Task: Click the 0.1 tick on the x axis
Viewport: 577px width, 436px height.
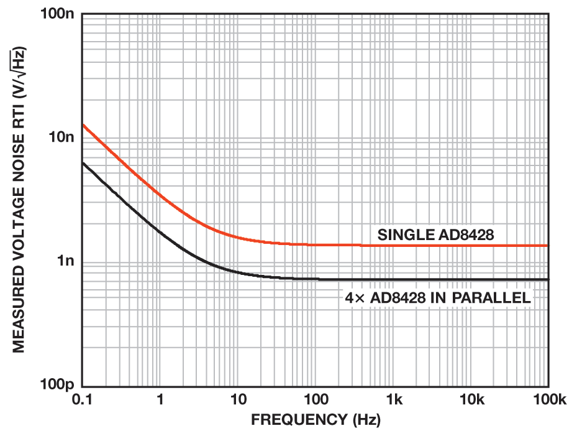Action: pyautogui.click(x=83, y=400)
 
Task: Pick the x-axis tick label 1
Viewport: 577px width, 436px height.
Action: pyautogui.click(x=160, y=400)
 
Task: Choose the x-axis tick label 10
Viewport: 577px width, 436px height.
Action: pyautogui.click(x=238, y=400)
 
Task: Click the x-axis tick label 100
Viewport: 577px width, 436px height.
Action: pyautogui.click(x=316, y=400)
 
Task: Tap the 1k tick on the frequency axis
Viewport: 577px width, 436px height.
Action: pyautogui.click(x=393, y=400)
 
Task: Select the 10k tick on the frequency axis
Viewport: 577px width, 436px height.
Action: pyautogui.click(x=471, y=400)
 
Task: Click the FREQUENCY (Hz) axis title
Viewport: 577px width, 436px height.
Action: pyautogui.click(x=316, y=420)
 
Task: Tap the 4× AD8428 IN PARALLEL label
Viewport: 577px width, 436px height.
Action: pyautogui.click(x=438, y=298)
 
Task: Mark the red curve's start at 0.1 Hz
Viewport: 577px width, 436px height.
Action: pyautogui.click(x=83, y=125)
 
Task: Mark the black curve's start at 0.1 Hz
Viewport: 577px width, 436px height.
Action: pyautogui.click(x=83, y=163)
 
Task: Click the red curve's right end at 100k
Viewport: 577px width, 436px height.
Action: pyautogui.click(x=548, y=246)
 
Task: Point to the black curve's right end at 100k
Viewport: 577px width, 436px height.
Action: pyautogui.click(x=548, y=279)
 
